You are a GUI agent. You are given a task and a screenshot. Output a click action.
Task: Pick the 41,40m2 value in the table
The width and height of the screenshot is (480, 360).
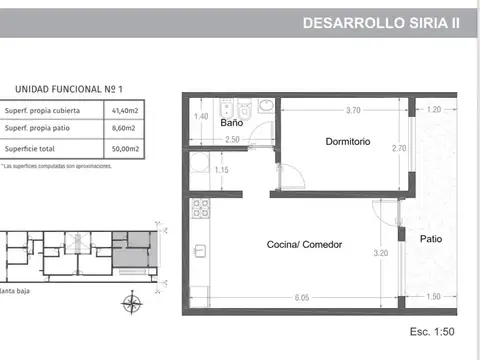coord(125,111)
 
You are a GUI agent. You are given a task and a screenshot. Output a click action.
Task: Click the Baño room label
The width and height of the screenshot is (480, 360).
coord(204,123)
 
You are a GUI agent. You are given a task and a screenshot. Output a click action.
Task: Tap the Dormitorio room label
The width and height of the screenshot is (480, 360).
coord(347,142)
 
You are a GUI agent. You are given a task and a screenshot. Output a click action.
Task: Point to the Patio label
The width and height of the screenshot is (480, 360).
coord(431,240)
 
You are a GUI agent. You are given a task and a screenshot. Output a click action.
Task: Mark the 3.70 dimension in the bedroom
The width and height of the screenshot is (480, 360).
coord(352,109)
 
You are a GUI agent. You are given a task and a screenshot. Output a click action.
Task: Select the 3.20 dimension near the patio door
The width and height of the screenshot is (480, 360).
coord(380,253)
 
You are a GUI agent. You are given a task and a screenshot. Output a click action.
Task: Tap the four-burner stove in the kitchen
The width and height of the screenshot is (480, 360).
coord(198,210)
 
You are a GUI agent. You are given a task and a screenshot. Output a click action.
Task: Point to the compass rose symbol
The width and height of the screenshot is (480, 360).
coord(128,304)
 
